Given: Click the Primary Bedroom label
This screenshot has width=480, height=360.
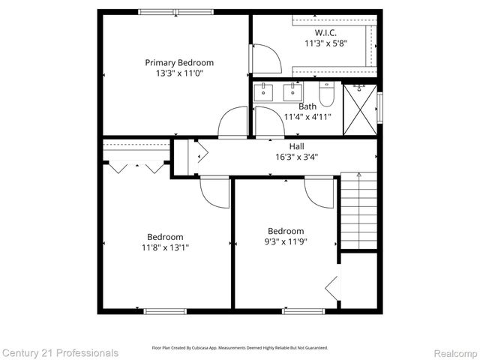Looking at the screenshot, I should pyautogui.click(x=179, y=63).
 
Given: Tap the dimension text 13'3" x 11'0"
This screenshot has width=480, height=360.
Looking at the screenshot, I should pyautogui.click(x=179, y=73).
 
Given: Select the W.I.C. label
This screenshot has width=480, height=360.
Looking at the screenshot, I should pyautogui.click(x=325, y=33).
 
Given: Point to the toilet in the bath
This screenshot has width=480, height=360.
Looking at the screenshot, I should pyautogui.click(x=326, y=94).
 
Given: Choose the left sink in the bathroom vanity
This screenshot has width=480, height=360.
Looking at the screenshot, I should pyautogui.click(x=263, y=93).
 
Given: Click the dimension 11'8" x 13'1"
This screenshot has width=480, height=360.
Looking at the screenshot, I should pyautogui.click(x=165, y=247).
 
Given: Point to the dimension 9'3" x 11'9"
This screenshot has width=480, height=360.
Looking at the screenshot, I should pyautogui.click(x=286, y=241).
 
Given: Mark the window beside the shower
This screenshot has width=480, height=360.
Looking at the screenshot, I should pyautogui.click(x=379, y=108).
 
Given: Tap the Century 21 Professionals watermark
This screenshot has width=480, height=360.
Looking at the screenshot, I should pyautogui.click(x=59, y=352).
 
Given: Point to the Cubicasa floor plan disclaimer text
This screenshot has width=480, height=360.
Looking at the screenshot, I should pyautogui.click(x=239, y=348).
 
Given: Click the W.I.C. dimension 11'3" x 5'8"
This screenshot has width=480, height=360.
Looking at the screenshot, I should pyautogui.click(x=325, y=43).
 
